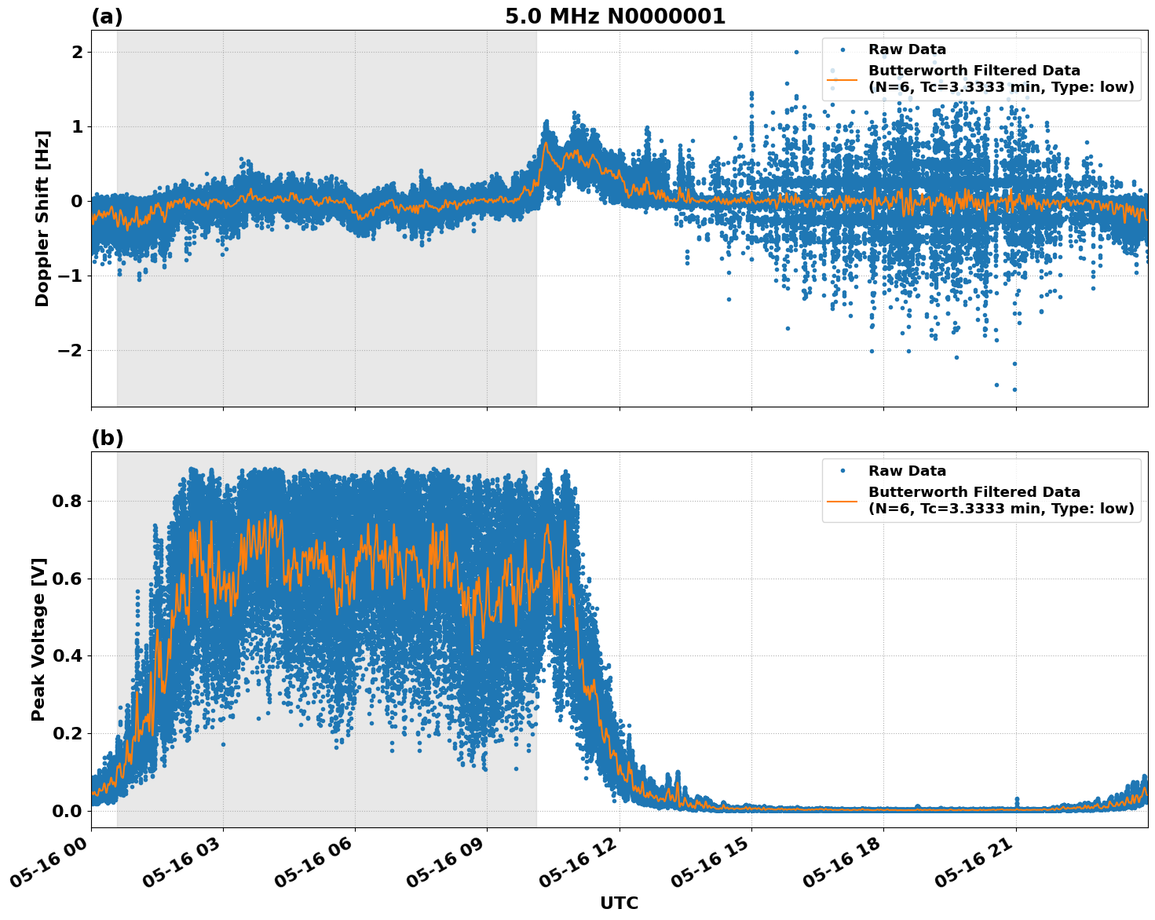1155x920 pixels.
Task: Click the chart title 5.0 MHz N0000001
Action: (x=615, y=16)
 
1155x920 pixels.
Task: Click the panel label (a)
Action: (x=107, y=16)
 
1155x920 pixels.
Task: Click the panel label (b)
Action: (x=107, y=438)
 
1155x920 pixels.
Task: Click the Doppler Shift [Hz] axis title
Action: (x=42, y=218)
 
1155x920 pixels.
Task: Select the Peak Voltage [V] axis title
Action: (x=38, y=639)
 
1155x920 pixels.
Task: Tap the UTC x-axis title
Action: (x=619, y=903)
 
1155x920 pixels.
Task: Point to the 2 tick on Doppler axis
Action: (x=77, y=52)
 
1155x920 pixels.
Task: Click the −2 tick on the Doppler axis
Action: (x=71, y=350)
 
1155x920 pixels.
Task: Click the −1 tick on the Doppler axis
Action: (x=71, y=276)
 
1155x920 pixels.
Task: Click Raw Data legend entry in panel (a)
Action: (x=907, y=49)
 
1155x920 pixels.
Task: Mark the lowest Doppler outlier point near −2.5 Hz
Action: (x=1014, y=389)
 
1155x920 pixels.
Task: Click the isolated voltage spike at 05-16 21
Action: (x=1016, y=799)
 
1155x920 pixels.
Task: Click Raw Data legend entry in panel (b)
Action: (x=907, y=471)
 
